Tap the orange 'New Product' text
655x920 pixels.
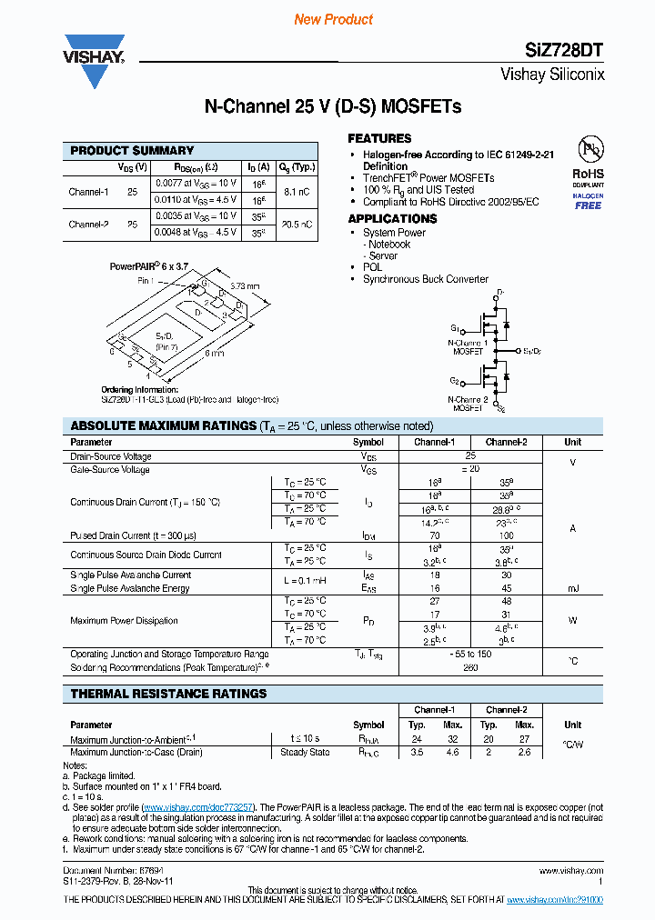click(x=334, y=19)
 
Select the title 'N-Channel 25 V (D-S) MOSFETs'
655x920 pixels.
click(x=332, y=107)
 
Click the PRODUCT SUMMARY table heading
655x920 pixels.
click(x=132, y=151)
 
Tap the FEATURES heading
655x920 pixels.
click(x=379, y=138)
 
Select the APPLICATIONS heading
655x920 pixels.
click(x=392, y=219)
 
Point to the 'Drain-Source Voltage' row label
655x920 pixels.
click(x=111, y=456)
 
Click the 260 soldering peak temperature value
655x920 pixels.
click(x=470, y=667)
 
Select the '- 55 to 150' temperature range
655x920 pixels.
click(x=470, y=655)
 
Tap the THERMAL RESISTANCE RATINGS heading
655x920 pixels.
click(x=168, y=694)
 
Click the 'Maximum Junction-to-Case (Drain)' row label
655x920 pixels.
click(x=136, y=752)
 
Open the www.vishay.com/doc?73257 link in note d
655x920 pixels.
click(x=198, y=806)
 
